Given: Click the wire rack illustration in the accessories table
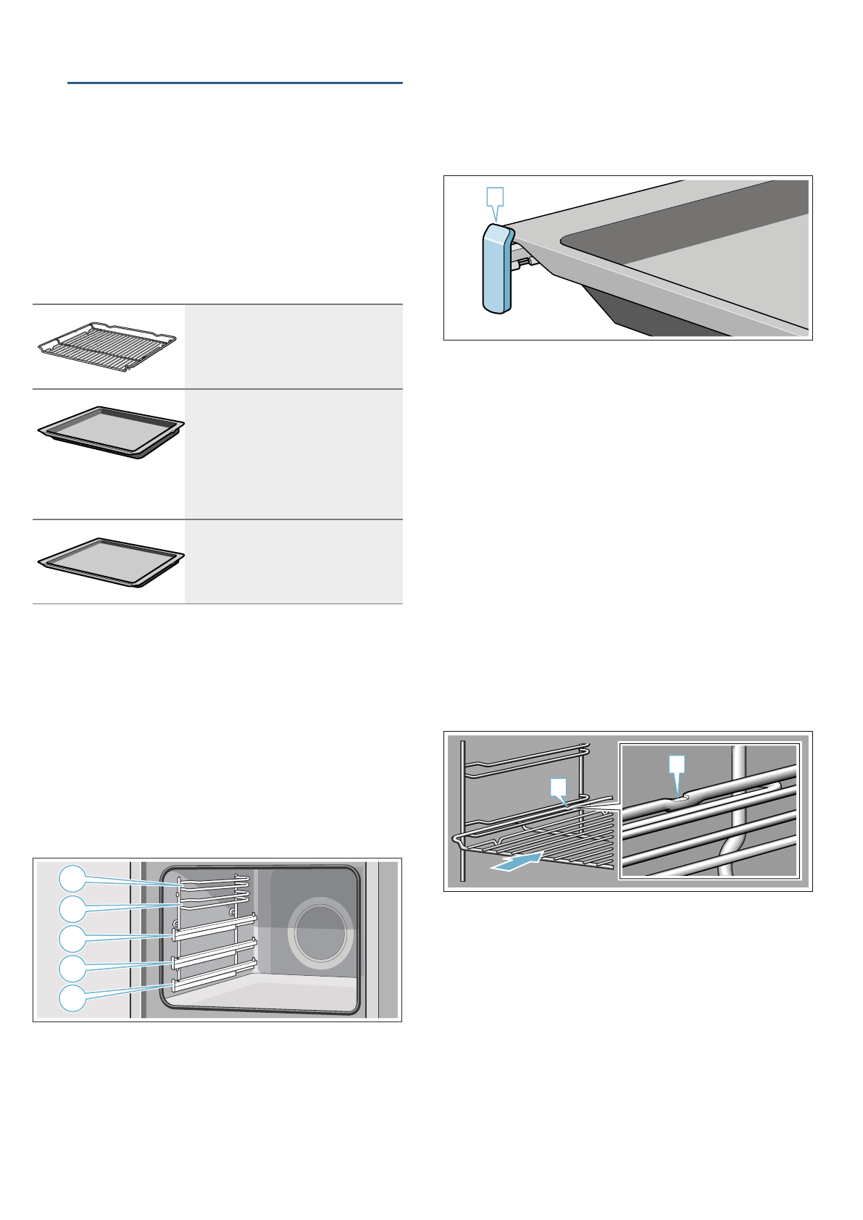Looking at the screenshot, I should click(107, 347).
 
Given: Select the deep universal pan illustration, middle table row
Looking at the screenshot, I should click(110, 433).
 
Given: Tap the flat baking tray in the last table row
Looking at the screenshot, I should click(110, 561).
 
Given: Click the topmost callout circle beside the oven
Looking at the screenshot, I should click(72, 878).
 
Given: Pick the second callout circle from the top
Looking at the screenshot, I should click(72, 908).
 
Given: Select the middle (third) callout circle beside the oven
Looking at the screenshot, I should click(72, 938).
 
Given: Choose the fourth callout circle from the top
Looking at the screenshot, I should click(72, 968).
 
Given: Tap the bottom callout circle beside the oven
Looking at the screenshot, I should click(72, 998).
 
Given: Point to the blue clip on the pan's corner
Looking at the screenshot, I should click(498, 270).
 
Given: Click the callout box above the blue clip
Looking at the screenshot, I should click(494, 196).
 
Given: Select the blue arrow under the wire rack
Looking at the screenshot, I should click(516, 862).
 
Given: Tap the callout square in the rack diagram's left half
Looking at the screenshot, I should click(556, 786).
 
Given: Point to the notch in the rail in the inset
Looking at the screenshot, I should click(679, 798).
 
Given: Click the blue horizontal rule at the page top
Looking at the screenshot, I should click(235, 83).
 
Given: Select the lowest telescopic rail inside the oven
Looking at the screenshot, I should click(214, 977).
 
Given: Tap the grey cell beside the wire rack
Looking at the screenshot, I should click(293, 346).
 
